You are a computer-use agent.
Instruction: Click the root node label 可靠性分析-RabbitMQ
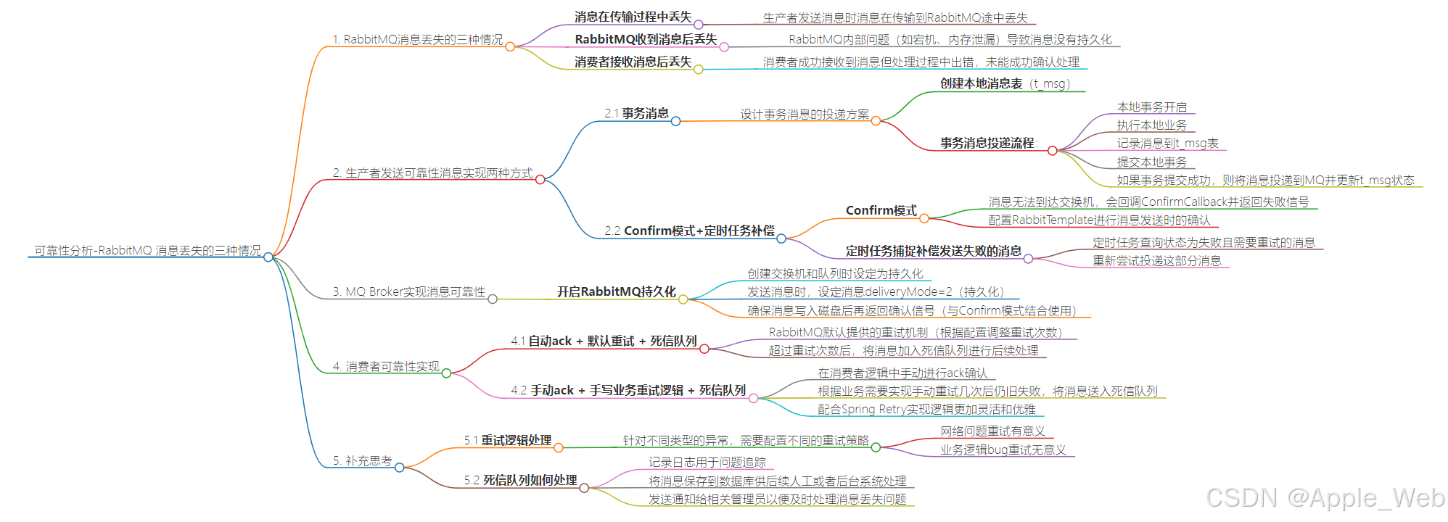(147, 251)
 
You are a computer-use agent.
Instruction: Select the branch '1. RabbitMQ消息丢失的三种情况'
(417, 40)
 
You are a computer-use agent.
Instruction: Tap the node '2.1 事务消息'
(636, 114)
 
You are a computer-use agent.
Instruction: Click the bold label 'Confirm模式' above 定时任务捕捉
(881, 210)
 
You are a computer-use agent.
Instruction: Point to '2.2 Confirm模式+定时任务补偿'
(689, 231)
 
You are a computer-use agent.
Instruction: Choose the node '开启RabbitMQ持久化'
(616, 291)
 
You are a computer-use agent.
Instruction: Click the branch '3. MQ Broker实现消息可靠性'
(408, 291)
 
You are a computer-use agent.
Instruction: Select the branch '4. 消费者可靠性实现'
(385, 367)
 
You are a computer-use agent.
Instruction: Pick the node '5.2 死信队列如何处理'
(520, 480)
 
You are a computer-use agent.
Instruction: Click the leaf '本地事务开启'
(1151, 107)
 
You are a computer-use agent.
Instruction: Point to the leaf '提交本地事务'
(1151, 162)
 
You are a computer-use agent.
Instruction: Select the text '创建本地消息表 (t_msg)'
(1005, 84)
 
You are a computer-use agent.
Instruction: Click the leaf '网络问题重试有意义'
(992, 431)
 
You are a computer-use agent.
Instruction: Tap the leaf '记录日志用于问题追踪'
(707, 462)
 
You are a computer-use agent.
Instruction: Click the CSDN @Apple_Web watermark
(1325, 497)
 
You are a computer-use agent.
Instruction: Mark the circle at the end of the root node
(268, 257)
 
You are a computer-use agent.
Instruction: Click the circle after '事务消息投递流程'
(1052, 151)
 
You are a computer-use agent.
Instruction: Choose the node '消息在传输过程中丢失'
(633, 17)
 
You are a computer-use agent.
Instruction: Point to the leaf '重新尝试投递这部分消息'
(1156, 261)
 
